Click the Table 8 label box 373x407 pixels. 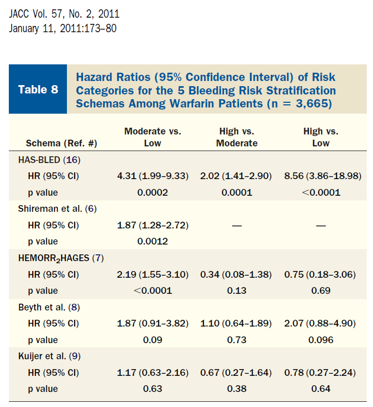(x=38, y=89)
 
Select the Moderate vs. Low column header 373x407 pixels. (x=153, y=137)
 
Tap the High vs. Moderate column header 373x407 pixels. (x=236, y=137)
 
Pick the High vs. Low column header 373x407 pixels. (x=321, y=137)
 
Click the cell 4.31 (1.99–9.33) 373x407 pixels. (x=153, y=176)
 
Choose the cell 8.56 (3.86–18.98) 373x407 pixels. (x=323, y=176)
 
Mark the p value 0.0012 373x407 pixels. (x=153, y=241)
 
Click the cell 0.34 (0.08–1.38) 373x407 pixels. (x=236, y=274)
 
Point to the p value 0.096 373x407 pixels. (x=321, y=340)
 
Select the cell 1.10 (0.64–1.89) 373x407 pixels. (x=236, y=323)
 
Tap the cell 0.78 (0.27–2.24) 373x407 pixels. (x=320, y=373)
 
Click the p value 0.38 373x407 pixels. (x=236, y=389)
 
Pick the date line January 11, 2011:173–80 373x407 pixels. (x=63, y=28)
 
